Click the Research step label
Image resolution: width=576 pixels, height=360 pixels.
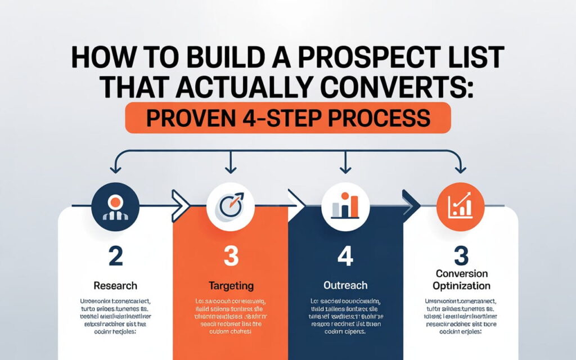point(115,286)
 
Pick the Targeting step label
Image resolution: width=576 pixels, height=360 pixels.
point(231,286)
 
